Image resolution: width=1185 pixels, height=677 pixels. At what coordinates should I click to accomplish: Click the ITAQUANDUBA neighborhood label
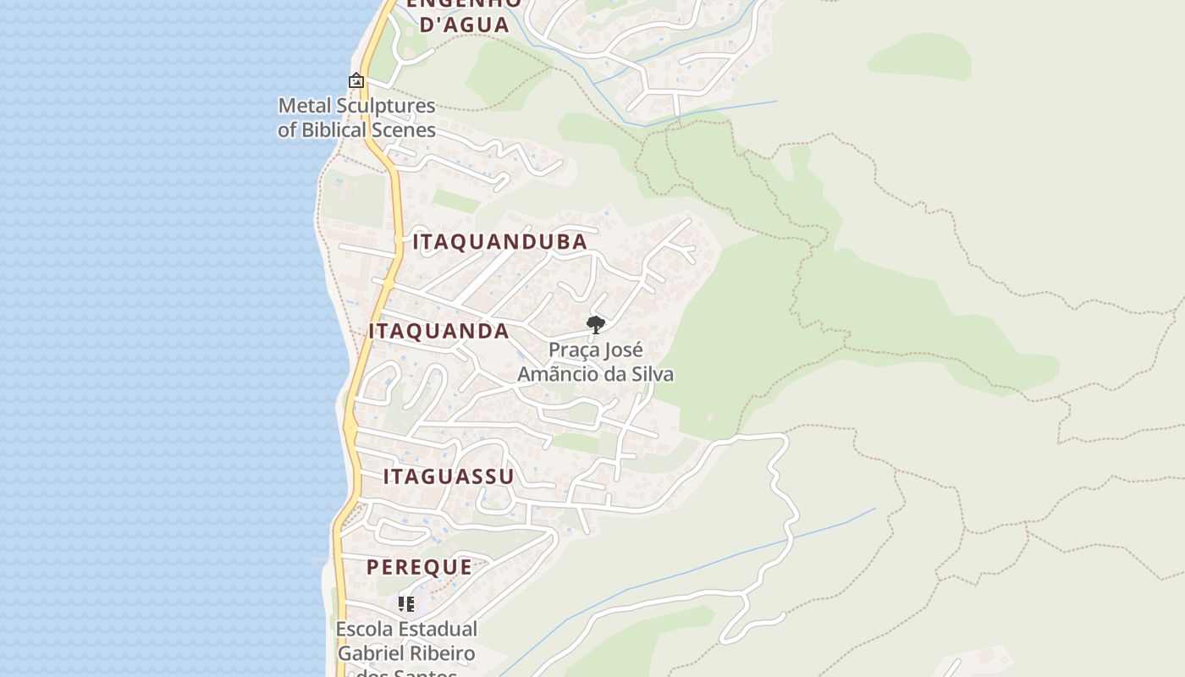pyautogui.click(x=499, y=242)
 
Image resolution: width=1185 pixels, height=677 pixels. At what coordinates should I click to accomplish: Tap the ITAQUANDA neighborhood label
pyautogui.click(x=438, y=332)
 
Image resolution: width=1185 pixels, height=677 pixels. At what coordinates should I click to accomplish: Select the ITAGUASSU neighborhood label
pyautogui.click(x=449, y=476)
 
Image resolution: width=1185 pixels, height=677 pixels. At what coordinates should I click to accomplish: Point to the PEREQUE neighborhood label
pyautogui.click(x=419, y=567)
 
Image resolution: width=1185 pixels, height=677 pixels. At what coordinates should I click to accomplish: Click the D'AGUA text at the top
pyautogui.click(x=465, y=25)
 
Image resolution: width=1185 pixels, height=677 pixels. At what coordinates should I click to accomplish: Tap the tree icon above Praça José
pyautogui.click(x=596, y=324)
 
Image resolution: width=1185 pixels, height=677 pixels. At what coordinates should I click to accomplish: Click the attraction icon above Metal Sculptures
pyautogui.click(x=356, y=81)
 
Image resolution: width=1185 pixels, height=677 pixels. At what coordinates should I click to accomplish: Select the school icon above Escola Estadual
pyautogui.click(x=406, y=604)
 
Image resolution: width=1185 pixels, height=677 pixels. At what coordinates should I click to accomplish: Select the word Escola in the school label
pyautogui.click(x=364, y=630)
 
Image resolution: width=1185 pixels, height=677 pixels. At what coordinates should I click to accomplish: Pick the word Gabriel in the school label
pyautogui.click(x=370, y=653)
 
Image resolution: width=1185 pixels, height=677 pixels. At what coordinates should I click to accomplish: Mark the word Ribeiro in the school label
pyautogui.click(x=441, y=653)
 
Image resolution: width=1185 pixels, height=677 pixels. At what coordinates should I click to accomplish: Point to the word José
pyautogui.click(x=625, y=350)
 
